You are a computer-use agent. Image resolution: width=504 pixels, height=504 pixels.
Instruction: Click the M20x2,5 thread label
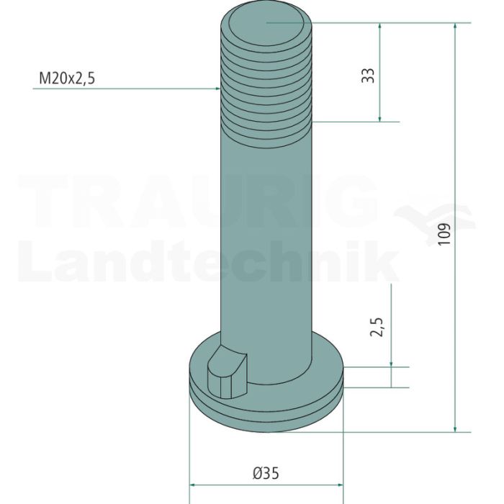coord(67,78)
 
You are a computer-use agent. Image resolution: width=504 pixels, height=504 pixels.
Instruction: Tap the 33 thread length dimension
coord(368,76)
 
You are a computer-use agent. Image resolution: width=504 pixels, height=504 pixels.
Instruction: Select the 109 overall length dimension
coord(444,234)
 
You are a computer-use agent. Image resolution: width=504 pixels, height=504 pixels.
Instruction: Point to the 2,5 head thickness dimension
coord(377,327)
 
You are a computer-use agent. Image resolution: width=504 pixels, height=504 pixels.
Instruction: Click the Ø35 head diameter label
coord(266,473)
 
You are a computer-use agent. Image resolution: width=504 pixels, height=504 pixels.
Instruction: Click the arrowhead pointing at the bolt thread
coord(217,88)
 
